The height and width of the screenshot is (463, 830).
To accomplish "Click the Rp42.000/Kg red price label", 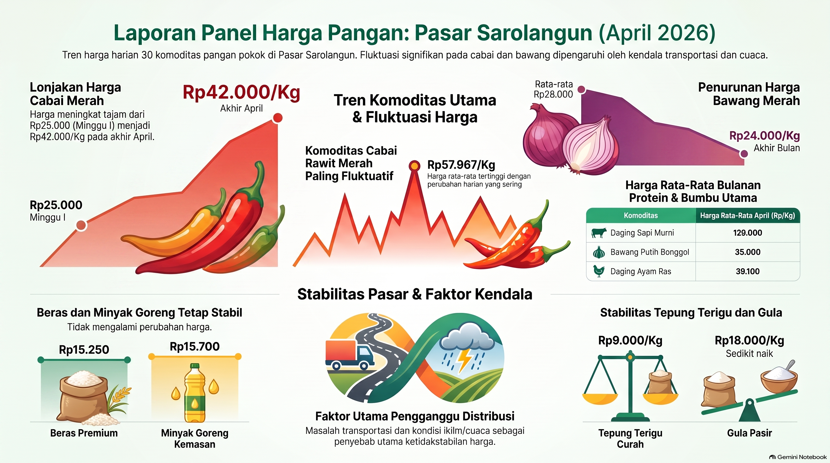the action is point(241,93).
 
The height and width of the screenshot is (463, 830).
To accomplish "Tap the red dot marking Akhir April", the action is point(277,118).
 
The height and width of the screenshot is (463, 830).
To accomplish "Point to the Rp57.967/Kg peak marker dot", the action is point(414,165).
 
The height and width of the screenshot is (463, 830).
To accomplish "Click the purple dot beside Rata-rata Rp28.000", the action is point(581,89).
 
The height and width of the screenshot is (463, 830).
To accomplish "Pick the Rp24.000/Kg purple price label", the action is point(765,136).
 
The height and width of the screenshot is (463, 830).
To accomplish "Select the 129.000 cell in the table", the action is point(748,233).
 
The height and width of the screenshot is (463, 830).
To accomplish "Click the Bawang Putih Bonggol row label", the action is point(650,252).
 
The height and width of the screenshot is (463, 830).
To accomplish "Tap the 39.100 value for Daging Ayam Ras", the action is point(748,271).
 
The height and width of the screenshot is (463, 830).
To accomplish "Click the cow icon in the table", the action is point(599,233).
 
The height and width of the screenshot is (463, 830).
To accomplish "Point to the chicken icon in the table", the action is point(599,271).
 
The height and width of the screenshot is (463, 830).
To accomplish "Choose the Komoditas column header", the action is point(641,216).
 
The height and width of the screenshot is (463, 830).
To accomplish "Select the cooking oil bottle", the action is point(195,393).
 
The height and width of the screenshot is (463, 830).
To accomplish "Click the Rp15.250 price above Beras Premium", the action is point(84,350).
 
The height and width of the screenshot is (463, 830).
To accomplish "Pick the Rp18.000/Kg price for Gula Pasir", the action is point(749,340).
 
